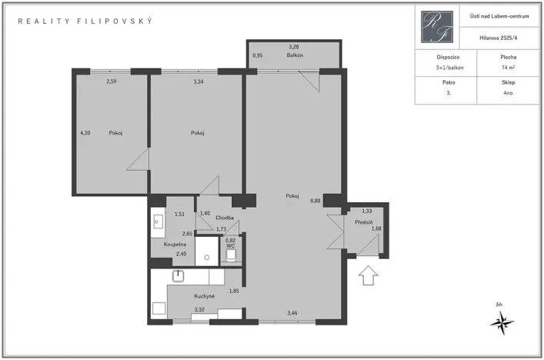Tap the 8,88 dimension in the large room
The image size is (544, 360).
315,200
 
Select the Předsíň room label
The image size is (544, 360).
364,222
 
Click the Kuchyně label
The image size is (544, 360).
205,296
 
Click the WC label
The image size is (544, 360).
230,246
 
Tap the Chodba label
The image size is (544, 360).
225,218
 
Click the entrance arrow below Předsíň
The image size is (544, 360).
368,274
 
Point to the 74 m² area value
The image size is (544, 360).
508,68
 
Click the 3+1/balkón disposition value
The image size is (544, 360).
442,68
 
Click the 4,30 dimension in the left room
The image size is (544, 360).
85,133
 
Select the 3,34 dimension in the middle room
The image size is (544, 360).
199,82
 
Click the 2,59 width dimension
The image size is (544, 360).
112,82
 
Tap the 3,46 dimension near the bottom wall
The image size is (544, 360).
292,312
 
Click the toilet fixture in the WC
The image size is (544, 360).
232,255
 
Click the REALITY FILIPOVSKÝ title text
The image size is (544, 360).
85,21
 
